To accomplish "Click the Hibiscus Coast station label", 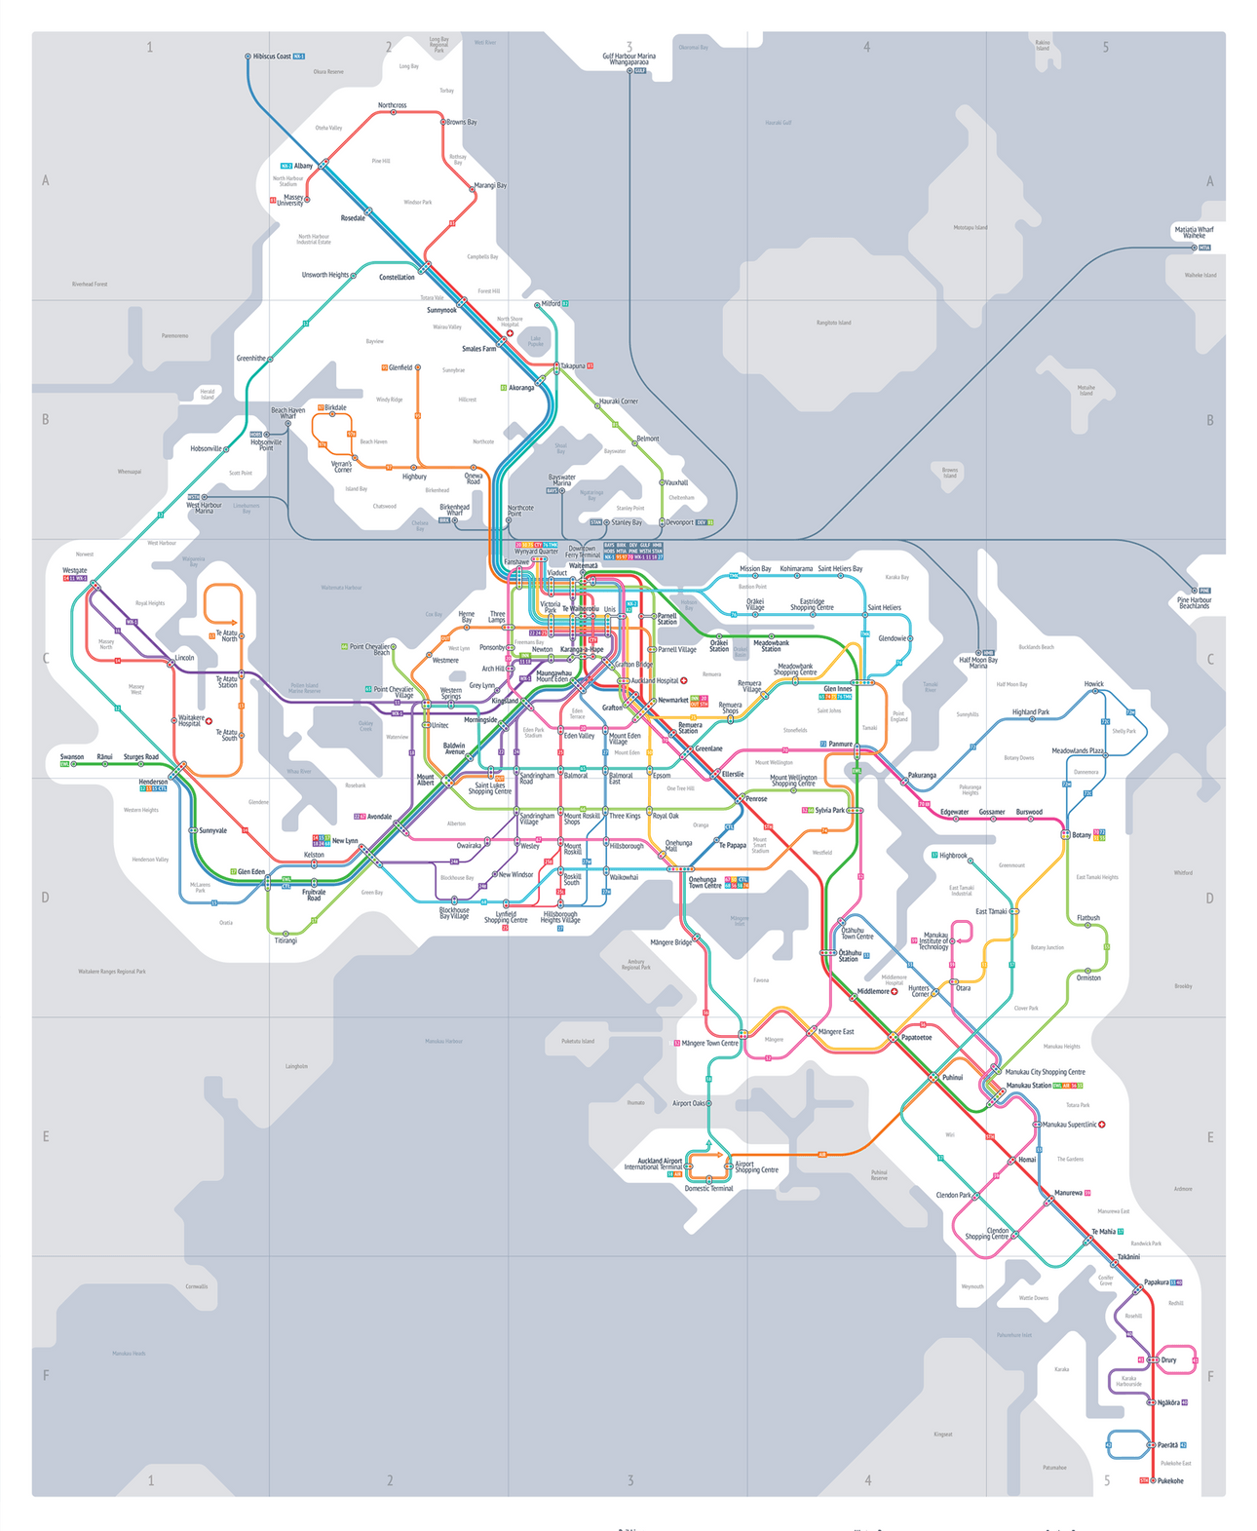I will click(272, 57).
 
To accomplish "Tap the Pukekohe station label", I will click(1170, 1480).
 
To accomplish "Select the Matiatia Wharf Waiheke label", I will click(1194, 232).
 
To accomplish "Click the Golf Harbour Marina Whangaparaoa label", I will click(628, 59).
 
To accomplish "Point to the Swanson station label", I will click(72, 756).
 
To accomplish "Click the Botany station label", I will click(1082, 835).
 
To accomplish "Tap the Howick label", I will click(1093, 684).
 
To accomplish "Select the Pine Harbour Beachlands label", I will click(1194, 603).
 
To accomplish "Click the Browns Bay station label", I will click(462, 123).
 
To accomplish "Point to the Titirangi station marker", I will click(286, 933).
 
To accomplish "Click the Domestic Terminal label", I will click(708, 1188).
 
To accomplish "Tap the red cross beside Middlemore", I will click(895, 992).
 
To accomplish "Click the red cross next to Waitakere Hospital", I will click(209, 721).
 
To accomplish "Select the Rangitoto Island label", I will click(833, 323).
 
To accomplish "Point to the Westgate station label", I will click(75, 570).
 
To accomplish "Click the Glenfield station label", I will click(400, 367).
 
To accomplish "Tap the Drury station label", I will click(1168, 1359).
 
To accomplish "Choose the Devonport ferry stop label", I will click(680, 522).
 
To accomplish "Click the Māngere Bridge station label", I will click(670, 942).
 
